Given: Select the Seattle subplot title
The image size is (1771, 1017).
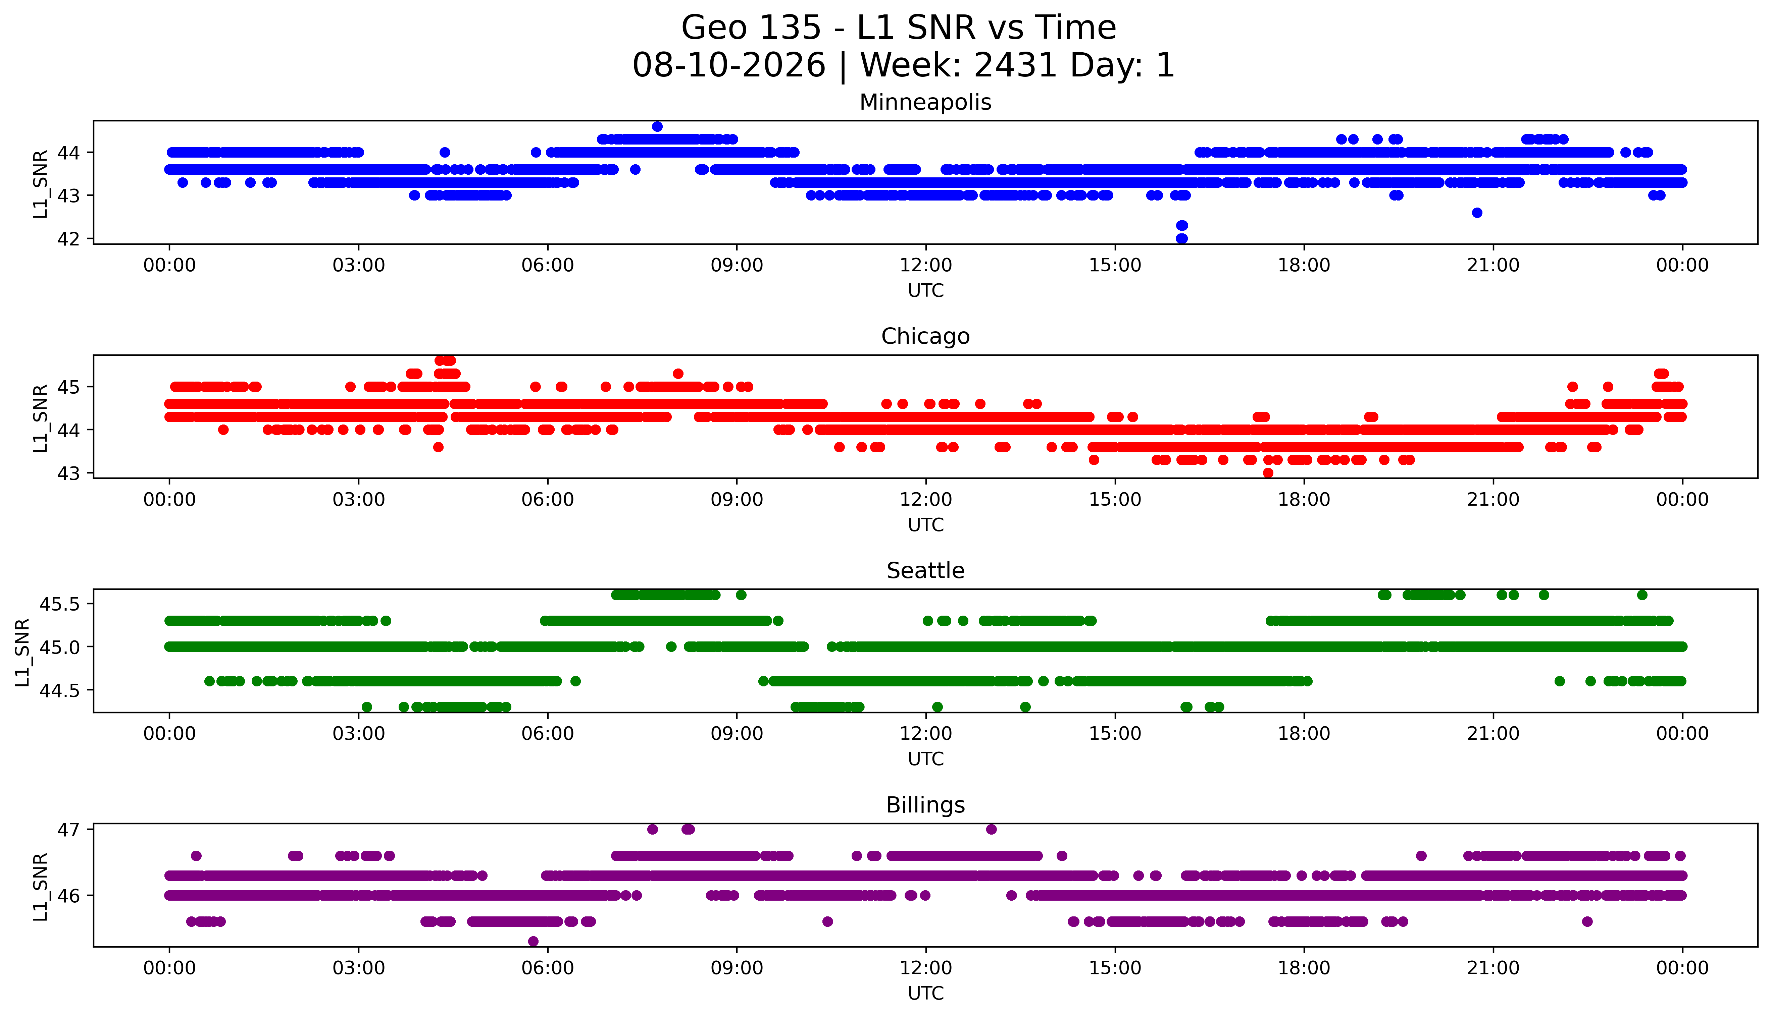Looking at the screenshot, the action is click(x=925, y=571).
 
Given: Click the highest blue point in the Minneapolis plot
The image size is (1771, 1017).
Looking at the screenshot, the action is click(x=657, y=126).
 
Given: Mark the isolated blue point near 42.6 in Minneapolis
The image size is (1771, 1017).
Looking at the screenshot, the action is click(x=1477, y=212).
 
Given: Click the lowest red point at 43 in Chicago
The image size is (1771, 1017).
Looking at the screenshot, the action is click(x=1268, y=473).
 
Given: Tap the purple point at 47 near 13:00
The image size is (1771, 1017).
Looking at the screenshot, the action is click(x=991, y=829).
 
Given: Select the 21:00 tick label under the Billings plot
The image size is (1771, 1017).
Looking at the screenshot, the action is click(x=1494, y=968).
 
